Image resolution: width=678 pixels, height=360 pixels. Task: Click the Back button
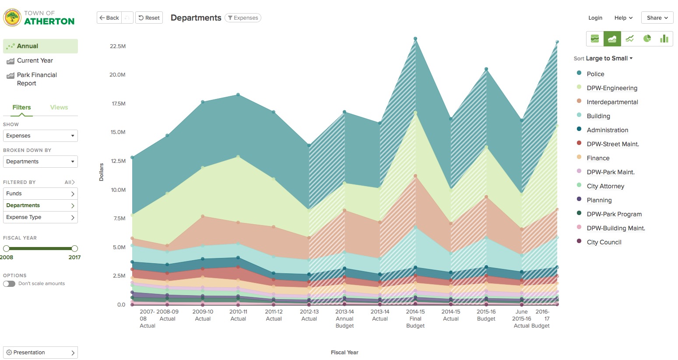[x=109, y=18]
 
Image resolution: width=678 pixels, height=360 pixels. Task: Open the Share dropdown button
[x=657, y=18]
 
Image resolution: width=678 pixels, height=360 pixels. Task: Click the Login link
[x=595, y=18]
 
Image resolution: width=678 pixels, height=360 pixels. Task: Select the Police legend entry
[x=595, y=74]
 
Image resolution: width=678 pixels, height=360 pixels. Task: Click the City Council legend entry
[x=604, y=242]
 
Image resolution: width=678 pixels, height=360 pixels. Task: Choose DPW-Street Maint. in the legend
[x=612, y=144]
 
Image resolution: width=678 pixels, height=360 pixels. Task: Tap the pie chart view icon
[x=647, y=39]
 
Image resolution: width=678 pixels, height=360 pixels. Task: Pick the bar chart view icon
[x=664, y=39]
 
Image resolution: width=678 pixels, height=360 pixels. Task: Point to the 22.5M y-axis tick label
[x=118, y=46]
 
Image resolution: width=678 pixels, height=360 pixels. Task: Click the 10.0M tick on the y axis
[x=118, y=190]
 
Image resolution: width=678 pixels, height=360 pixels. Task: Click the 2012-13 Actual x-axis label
[x=309, y=315]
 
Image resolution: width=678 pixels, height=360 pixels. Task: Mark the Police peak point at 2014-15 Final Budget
[x=415, y=39]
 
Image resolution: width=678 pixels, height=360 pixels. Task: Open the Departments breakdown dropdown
[x=40, y=162]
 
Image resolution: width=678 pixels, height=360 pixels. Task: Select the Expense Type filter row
[x=40, y=217]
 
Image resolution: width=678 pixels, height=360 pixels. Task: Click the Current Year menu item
[x=35, y=61]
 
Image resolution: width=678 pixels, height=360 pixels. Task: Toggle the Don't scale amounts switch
[x=9, y=284]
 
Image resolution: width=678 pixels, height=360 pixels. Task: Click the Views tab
[x=59, y=107]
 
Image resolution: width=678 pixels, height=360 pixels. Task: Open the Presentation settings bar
[x=40, y=353]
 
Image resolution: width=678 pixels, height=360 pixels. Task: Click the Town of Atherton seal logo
[x=12, y=18]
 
